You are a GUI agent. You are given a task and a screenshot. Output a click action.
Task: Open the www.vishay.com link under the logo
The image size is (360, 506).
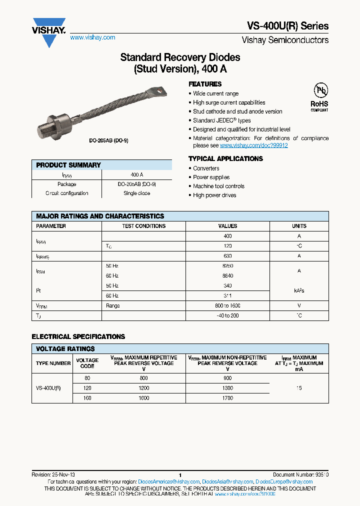pyautogui.click(x=92, y=37)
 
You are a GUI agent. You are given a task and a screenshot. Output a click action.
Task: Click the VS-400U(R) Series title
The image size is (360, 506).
pyautogui.click(x=288, y=26)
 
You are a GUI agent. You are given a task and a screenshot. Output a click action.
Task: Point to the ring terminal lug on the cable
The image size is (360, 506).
pyautogui.click(x=159, y=91)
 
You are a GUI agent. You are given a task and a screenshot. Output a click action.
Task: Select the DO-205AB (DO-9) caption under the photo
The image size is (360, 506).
pyautogui.click(x=108, y=140)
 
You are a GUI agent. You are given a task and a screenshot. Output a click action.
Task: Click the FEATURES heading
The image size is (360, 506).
pyautogui.click(x=205, y=84)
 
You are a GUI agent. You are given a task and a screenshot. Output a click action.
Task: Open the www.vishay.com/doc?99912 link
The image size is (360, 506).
pyautogui.click(x=253, y=145)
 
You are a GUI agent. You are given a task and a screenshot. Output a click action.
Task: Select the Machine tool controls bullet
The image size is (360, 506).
pyautogui.click(x=218, y=186)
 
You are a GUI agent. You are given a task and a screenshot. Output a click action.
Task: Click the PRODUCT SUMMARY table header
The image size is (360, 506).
pyautogui.click(x=68, y=165)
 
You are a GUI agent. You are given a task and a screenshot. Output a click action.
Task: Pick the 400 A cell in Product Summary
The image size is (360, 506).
pyautogui.click(x=136, y=175)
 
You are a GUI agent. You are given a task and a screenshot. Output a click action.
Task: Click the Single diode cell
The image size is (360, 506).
pyautogui.click(x=136, y=193)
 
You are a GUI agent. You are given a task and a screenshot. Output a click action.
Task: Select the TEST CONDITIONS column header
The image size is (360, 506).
pyautogui.click(x=143, y=226)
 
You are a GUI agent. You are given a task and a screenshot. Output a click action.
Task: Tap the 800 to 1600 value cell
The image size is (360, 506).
pyautogui.click(x=227, y=305)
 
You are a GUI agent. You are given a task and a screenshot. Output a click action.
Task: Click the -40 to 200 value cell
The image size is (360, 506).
pyautogui.click(x=227, y=315)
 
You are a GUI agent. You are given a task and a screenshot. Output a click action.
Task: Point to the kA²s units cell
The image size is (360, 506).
pyautogui.click(x=299, y=290)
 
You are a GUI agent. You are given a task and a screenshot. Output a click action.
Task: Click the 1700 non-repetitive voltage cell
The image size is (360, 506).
pyautogui.click(x=227, y=398)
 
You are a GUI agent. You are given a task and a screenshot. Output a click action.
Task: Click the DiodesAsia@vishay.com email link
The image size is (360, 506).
pyautogui.click(x=227, y=481)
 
